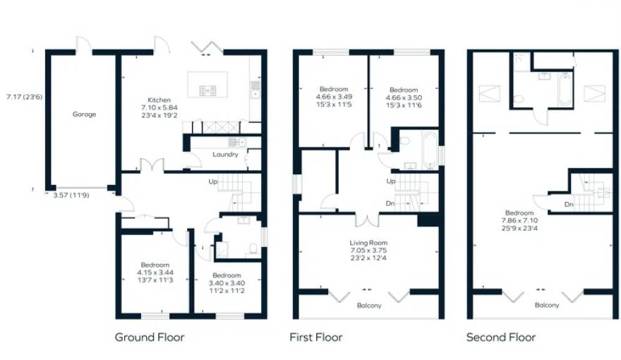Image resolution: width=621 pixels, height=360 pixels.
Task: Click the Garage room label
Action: tap(84, 114)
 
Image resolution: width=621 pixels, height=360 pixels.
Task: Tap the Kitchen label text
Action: tap(159, 100)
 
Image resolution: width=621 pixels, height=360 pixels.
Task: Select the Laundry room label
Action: tap(225, 155)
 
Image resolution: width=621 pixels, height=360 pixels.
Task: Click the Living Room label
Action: tap(368, 243)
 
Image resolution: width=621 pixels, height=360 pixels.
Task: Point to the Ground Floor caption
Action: tap(150, 337)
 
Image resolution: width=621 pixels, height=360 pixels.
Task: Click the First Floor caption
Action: tap(316, 337)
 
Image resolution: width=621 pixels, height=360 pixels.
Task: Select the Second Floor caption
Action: tap(501, 337)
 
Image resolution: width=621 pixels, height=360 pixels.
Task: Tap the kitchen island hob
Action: tap(207, 90)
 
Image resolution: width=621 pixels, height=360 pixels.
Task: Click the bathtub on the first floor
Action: tap(430, 150)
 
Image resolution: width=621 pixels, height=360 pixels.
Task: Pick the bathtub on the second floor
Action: tap(565, 89)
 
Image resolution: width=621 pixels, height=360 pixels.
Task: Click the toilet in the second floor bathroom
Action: tap(519, 99)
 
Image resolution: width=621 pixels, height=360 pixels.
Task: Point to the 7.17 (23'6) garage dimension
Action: tap(24, 97)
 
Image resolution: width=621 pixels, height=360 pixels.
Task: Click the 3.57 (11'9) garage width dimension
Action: tap(71, 195)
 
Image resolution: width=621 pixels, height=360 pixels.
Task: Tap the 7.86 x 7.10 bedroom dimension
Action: tap(519, 221)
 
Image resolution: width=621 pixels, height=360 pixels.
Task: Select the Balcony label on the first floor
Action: tap(369, 306)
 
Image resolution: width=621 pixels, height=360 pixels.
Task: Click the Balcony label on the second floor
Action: tap(547, 306)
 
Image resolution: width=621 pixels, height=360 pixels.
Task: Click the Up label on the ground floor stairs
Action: tap(213, 182)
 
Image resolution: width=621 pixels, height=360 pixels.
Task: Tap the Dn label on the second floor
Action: tap(569, 205)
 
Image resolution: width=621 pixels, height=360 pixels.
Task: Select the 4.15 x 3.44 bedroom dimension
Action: tap(155, 272)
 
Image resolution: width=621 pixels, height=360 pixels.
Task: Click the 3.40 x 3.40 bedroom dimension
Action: tap(227, 283)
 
